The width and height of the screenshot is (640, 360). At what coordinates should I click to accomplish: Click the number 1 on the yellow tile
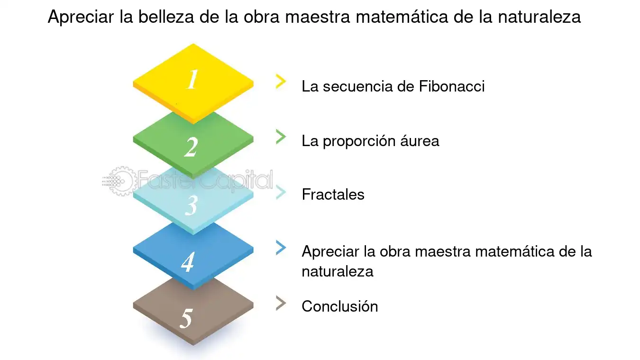192,79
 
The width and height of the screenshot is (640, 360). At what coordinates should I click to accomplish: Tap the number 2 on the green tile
191,147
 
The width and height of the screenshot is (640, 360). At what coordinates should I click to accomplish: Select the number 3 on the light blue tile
191,205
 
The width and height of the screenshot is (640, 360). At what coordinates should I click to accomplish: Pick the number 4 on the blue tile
188,262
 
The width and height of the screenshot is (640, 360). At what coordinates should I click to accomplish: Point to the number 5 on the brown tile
186,318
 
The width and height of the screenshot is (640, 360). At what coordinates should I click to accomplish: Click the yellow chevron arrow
281,82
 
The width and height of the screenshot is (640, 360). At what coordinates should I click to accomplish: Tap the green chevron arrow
281,137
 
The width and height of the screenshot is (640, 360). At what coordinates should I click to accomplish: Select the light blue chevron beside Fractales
281,192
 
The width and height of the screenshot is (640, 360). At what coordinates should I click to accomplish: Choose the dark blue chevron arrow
281,248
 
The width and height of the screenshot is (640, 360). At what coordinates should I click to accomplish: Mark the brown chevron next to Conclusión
281,303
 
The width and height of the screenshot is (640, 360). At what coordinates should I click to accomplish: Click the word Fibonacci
452,86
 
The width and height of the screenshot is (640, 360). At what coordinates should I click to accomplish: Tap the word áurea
420,141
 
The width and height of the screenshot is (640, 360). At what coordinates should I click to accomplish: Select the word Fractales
333,194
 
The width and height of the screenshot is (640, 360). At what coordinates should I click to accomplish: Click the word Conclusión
340,306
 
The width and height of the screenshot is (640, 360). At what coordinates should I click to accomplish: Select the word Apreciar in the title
81,17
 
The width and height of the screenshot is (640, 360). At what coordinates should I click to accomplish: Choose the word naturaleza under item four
338,271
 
